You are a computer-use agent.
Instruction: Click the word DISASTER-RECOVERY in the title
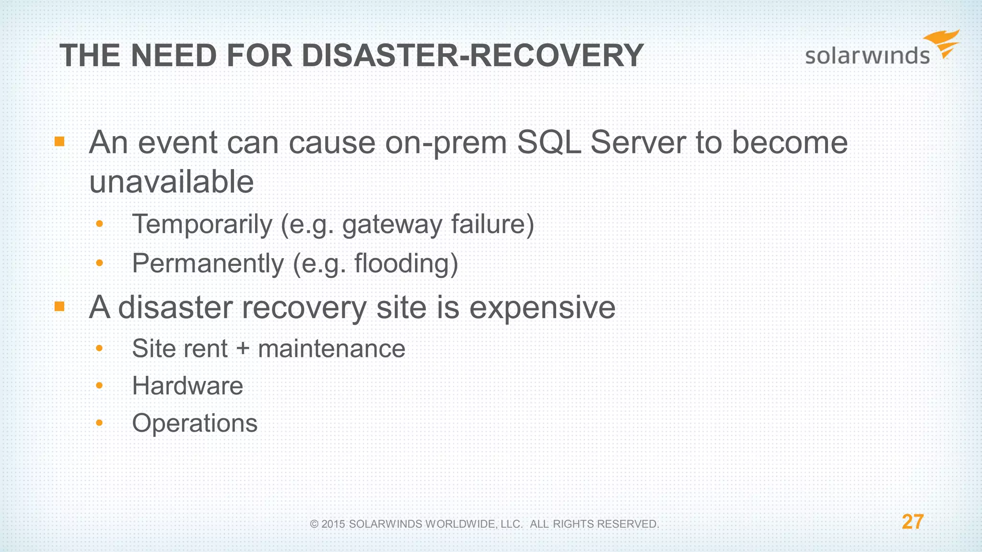tap(472, 56)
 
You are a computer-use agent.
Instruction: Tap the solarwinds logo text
tap(867, 56)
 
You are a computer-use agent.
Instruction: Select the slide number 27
tap(912, 522)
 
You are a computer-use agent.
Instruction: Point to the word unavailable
tap(171, 182)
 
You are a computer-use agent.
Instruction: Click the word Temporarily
tap(202, 224)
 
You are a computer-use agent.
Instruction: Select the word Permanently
tap(208, 264)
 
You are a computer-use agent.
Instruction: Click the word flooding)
tap(406, 264)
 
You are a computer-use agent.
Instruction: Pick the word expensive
tap(542, 307)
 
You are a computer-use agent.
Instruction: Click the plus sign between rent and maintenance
tap(243, 348)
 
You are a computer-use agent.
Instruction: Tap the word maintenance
tap(331, 348)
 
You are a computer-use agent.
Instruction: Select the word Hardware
tap(187, 386)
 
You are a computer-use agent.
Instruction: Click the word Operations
tap(195, 423)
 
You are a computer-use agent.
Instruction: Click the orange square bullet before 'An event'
tap(59, 141)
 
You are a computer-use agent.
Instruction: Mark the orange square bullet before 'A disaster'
tap(59, 306)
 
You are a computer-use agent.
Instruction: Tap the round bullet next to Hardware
tap(99, 385)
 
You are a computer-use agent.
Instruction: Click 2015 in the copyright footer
tap(333, 524)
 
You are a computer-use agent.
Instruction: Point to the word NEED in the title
tap(174, 56)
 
